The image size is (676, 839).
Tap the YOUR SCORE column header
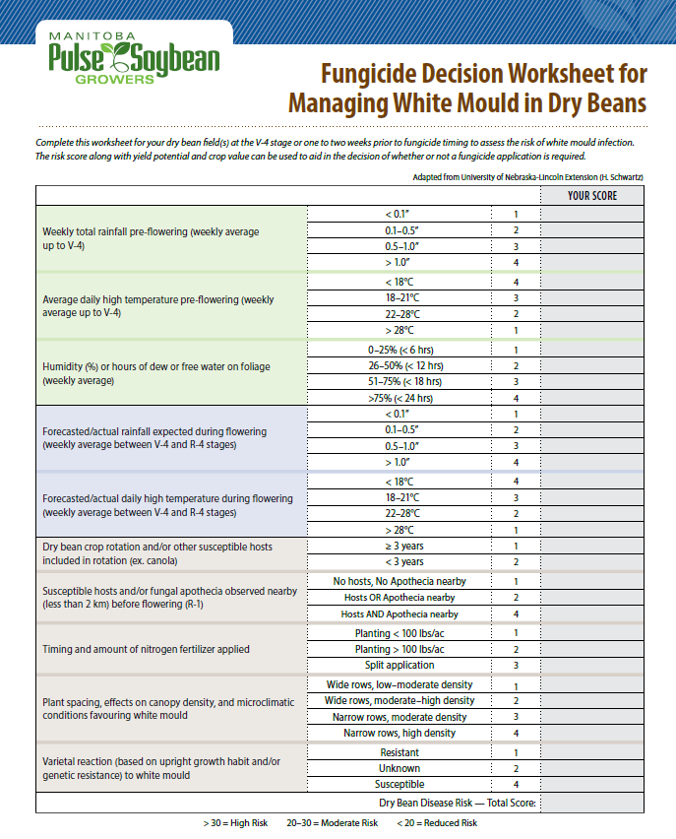(x=591, y=195)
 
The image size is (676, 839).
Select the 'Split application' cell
(x=399, y=665)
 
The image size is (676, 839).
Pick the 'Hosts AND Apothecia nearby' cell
(x=399, y=613)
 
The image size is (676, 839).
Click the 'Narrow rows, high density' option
(x=399, y=733)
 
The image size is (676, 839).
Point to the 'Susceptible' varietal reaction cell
(x=399, y=784)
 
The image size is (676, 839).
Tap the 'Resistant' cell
(x=399, y=752)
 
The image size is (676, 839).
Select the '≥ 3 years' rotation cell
(x=399, y=546)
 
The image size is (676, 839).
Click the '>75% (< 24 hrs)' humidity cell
(x=399, y=398)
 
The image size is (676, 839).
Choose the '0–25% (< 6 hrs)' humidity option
(x=399, y=350)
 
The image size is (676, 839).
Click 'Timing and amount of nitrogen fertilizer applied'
(x=146, y=649)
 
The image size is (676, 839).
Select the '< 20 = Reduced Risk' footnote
(x=438, y=823)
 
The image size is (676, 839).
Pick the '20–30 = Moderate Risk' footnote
(x=333, y=823)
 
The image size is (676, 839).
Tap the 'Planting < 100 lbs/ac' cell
(x=399, y=633)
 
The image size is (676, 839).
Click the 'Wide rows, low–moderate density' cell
(x=399, y=684)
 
